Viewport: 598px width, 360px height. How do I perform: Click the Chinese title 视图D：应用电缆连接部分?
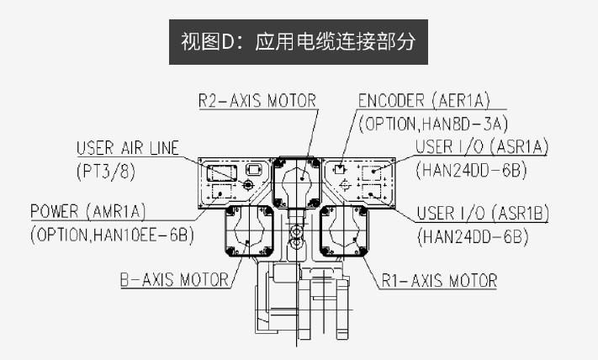pyautogui.click(x=299, y=40)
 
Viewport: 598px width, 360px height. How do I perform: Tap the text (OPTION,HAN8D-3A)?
pyautogui.click(x=433, y=124)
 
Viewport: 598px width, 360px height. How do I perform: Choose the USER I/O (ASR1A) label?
pyautogui.click(x=482, y=148)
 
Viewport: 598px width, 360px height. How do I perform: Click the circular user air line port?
pyautogui.click(x=248, y=184)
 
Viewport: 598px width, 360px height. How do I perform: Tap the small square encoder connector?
pyautogui.click(x=340, y=169)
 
